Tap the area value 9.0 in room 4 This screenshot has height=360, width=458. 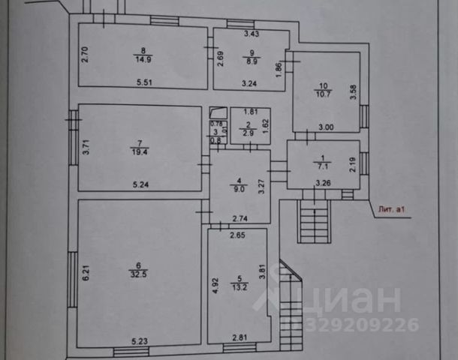[x=239, y=189]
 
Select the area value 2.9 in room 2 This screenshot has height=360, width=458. [x=247, y=132]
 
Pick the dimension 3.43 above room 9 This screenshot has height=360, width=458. [x=250, y=34]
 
